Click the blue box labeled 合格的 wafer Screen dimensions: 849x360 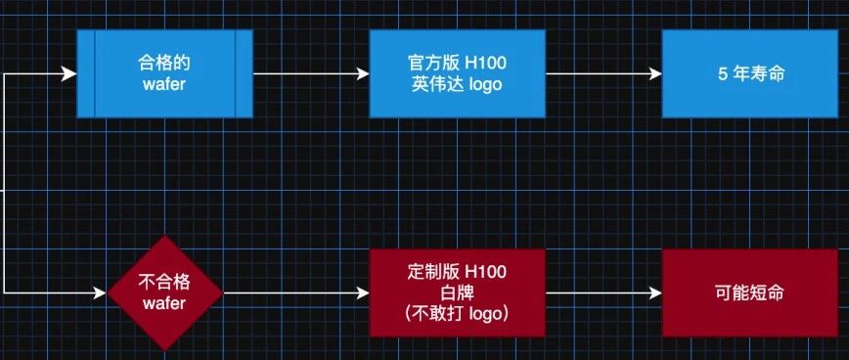pos(164,73)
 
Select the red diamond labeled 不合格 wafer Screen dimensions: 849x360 pos(164,292)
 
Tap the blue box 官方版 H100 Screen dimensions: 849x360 pos(458,73)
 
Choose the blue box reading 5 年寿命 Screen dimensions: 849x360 pos(750,73)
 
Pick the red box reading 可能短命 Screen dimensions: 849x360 pos(750,292)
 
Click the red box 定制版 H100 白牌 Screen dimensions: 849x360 pos(458,292)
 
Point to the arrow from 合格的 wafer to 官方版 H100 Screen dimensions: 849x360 pos(311,73)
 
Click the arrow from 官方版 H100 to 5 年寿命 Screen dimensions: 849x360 pos(603,73)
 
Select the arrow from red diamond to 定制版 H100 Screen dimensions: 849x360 pos(296,292)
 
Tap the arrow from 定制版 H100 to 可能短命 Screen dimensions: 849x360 pos(603,292)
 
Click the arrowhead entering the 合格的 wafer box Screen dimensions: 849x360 pos(69,73)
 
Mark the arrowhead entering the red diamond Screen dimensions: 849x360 pos(99,292)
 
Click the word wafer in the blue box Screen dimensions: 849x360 pos(164,84)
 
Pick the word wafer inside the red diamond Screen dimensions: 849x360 pos(164,303)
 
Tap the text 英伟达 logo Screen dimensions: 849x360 pos(458,84)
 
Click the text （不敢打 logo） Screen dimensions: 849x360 pos(458,314)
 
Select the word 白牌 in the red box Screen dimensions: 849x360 pos(458,292)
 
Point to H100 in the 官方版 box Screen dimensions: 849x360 pos(486,63)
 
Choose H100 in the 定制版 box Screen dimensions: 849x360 pos(486,272)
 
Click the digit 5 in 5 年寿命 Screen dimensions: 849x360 pos(723,74)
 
